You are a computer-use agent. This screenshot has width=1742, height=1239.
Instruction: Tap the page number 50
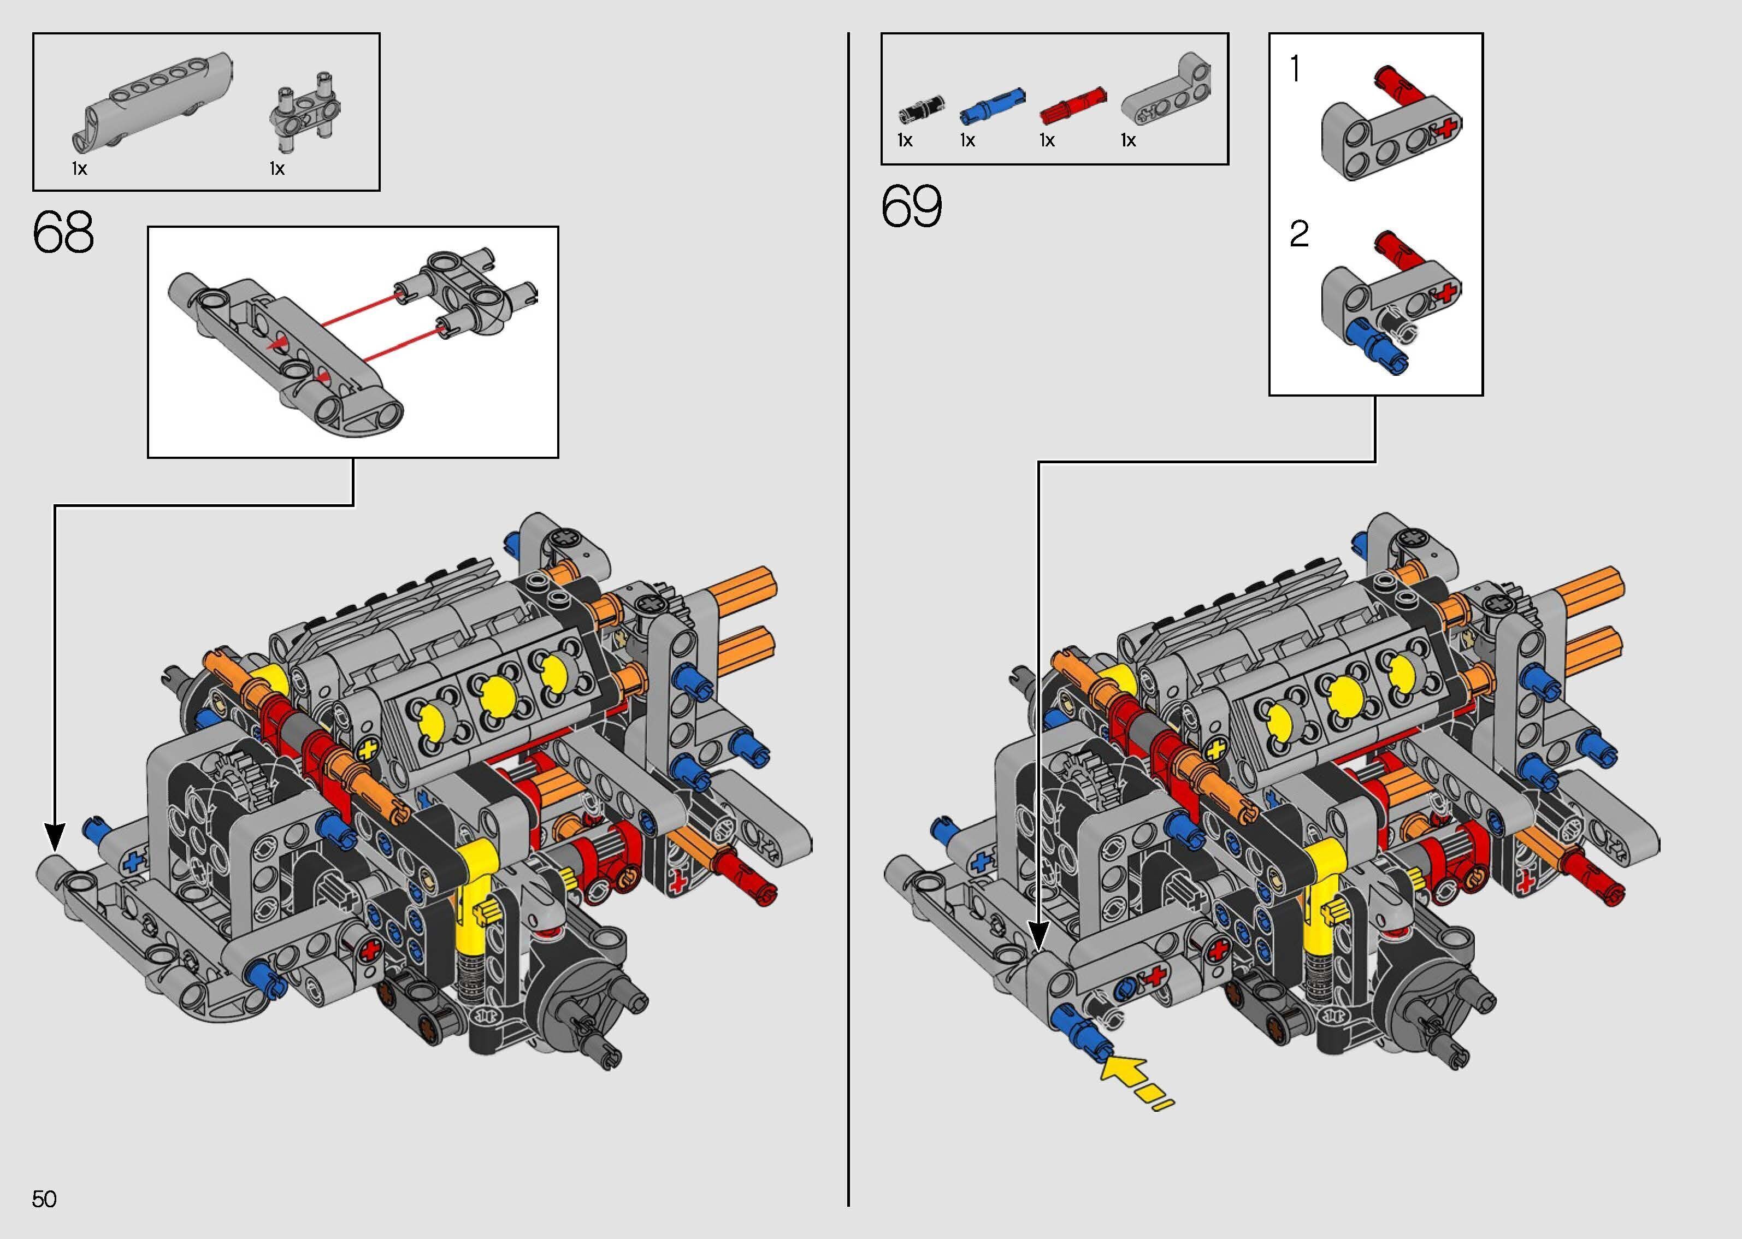click(x=44, y=1199)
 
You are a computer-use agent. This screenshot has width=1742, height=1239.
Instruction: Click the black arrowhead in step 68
click(x=54, y=837)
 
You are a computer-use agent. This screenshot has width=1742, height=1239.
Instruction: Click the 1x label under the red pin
click(x=1047, y=140)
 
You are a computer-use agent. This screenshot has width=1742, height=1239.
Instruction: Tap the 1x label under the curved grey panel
click(x=79, y=169)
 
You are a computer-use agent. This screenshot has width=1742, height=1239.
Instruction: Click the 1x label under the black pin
click(x=905, y=140)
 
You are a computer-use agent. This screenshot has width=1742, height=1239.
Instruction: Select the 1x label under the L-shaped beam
click(x=1128, y=140)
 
